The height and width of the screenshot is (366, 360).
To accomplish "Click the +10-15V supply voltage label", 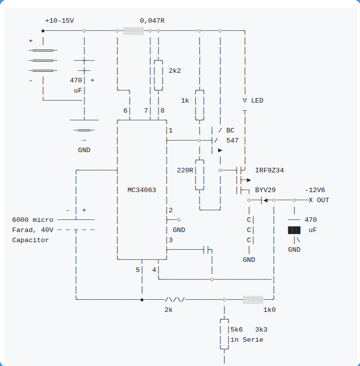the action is [60, 21].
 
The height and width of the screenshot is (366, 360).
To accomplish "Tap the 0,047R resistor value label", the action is [152, 21].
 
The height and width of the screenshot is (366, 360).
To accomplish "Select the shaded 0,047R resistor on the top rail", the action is [133, 31].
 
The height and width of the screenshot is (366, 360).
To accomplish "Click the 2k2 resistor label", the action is [175, 71].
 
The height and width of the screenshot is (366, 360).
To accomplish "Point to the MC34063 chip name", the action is [142, 190].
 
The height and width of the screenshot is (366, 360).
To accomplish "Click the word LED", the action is [257, 101].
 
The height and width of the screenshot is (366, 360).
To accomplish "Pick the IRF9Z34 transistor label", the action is [269, 170].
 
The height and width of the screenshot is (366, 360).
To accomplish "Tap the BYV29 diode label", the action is [266, 190].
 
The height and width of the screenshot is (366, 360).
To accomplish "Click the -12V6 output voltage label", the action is [315, 190].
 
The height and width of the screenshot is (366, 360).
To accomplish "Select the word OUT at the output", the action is [323, 200].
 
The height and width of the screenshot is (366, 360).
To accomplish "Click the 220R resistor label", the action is [185, 170].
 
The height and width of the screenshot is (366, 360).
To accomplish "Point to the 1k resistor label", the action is [185, 101].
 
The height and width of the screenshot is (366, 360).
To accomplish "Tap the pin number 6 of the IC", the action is [125, 110].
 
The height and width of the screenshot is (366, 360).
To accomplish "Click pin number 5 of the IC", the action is [137, 270].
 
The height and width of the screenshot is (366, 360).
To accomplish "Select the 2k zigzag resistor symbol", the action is [175, 299].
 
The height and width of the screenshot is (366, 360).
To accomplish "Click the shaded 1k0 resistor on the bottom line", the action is [253, 300].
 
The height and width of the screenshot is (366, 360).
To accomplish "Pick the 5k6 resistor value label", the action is [236, 330].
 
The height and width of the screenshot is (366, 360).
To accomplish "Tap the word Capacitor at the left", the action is [30, 240].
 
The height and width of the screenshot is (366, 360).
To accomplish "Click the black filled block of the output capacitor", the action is [294, 230].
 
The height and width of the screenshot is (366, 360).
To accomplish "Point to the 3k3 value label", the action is [261, 330].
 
